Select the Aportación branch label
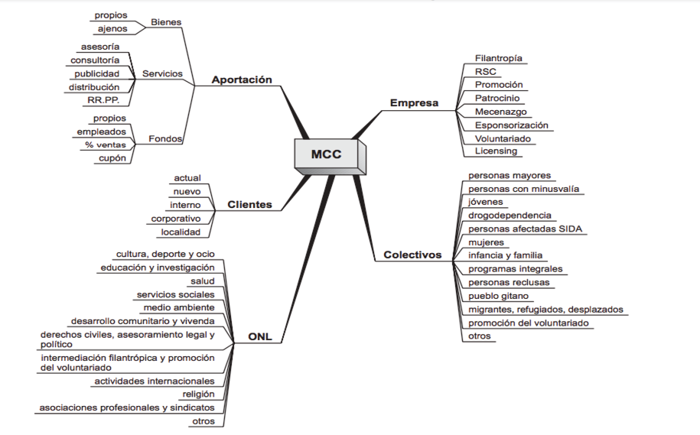242,80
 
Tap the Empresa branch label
414,102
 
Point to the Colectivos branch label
412,255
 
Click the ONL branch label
260,336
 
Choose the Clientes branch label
249,205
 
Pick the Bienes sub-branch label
166,22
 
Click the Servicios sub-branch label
163,74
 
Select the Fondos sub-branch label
165,139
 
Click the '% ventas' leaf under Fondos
106,145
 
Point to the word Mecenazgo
500,112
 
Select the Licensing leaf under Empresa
496,151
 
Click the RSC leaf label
486,72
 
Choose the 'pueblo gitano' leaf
498,296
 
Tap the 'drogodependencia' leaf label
510,216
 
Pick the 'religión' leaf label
198,394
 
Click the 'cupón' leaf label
112,158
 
